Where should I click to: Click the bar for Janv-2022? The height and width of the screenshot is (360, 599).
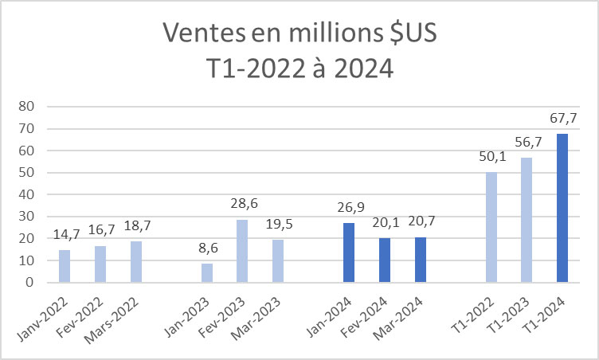coord(65,266)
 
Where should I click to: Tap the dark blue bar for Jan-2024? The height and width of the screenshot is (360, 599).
coord(348,252)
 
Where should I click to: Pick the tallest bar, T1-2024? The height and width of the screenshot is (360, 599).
coord(562,207)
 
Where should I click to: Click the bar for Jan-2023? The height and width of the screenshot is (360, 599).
coord(206,272)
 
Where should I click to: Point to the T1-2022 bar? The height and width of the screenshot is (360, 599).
coord(491,227)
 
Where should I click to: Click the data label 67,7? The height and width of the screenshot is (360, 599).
coord(562,119)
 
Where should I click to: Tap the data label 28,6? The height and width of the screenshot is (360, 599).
coord(243,205)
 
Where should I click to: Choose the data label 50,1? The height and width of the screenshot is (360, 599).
coord(491,158)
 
